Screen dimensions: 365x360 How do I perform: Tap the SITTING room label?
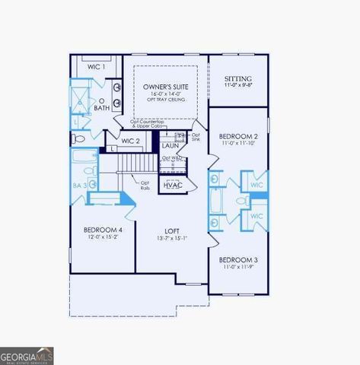237,79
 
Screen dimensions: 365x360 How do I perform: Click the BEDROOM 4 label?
103,230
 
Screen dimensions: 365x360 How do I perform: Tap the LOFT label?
171,231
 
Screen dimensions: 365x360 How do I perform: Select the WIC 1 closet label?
97,67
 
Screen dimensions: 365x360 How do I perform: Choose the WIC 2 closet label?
131,141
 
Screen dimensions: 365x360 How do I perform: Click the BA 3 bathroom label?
78,185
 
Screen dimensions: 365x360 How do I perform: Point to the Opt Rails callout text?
145,185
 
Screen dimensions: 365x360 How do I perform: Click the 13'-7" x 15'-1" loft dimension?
171,238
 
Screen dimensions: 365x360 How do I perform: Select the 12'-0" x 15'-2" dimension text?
103,237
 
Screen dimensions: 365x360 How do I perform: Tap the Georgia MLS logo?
27,355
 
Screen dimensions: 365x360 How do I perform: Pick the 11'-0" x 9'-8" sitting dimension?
237,87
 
